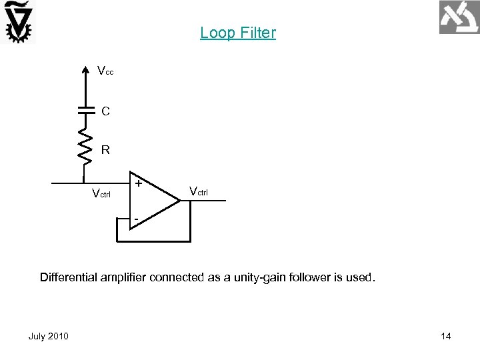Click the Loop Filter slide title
click(x=237, y=33)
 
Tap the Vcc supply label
click(x=105, y=71)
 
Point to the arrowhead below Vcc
click(x=84, y=68)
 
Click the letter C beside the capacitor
click(x=106, y=111)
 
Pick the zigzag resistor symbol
click(x=84, y=146)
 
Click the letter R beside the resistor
click(x=105, y=151)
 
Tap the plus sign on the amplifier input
click(x=138, y=183)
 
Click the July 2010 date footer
click(x=48, y=336)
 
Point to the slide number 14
click(x=446, y=336)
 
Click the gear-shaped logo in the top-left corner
click(x=19, y=21)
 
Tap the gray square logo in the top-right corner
click(x=459, y=18)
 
